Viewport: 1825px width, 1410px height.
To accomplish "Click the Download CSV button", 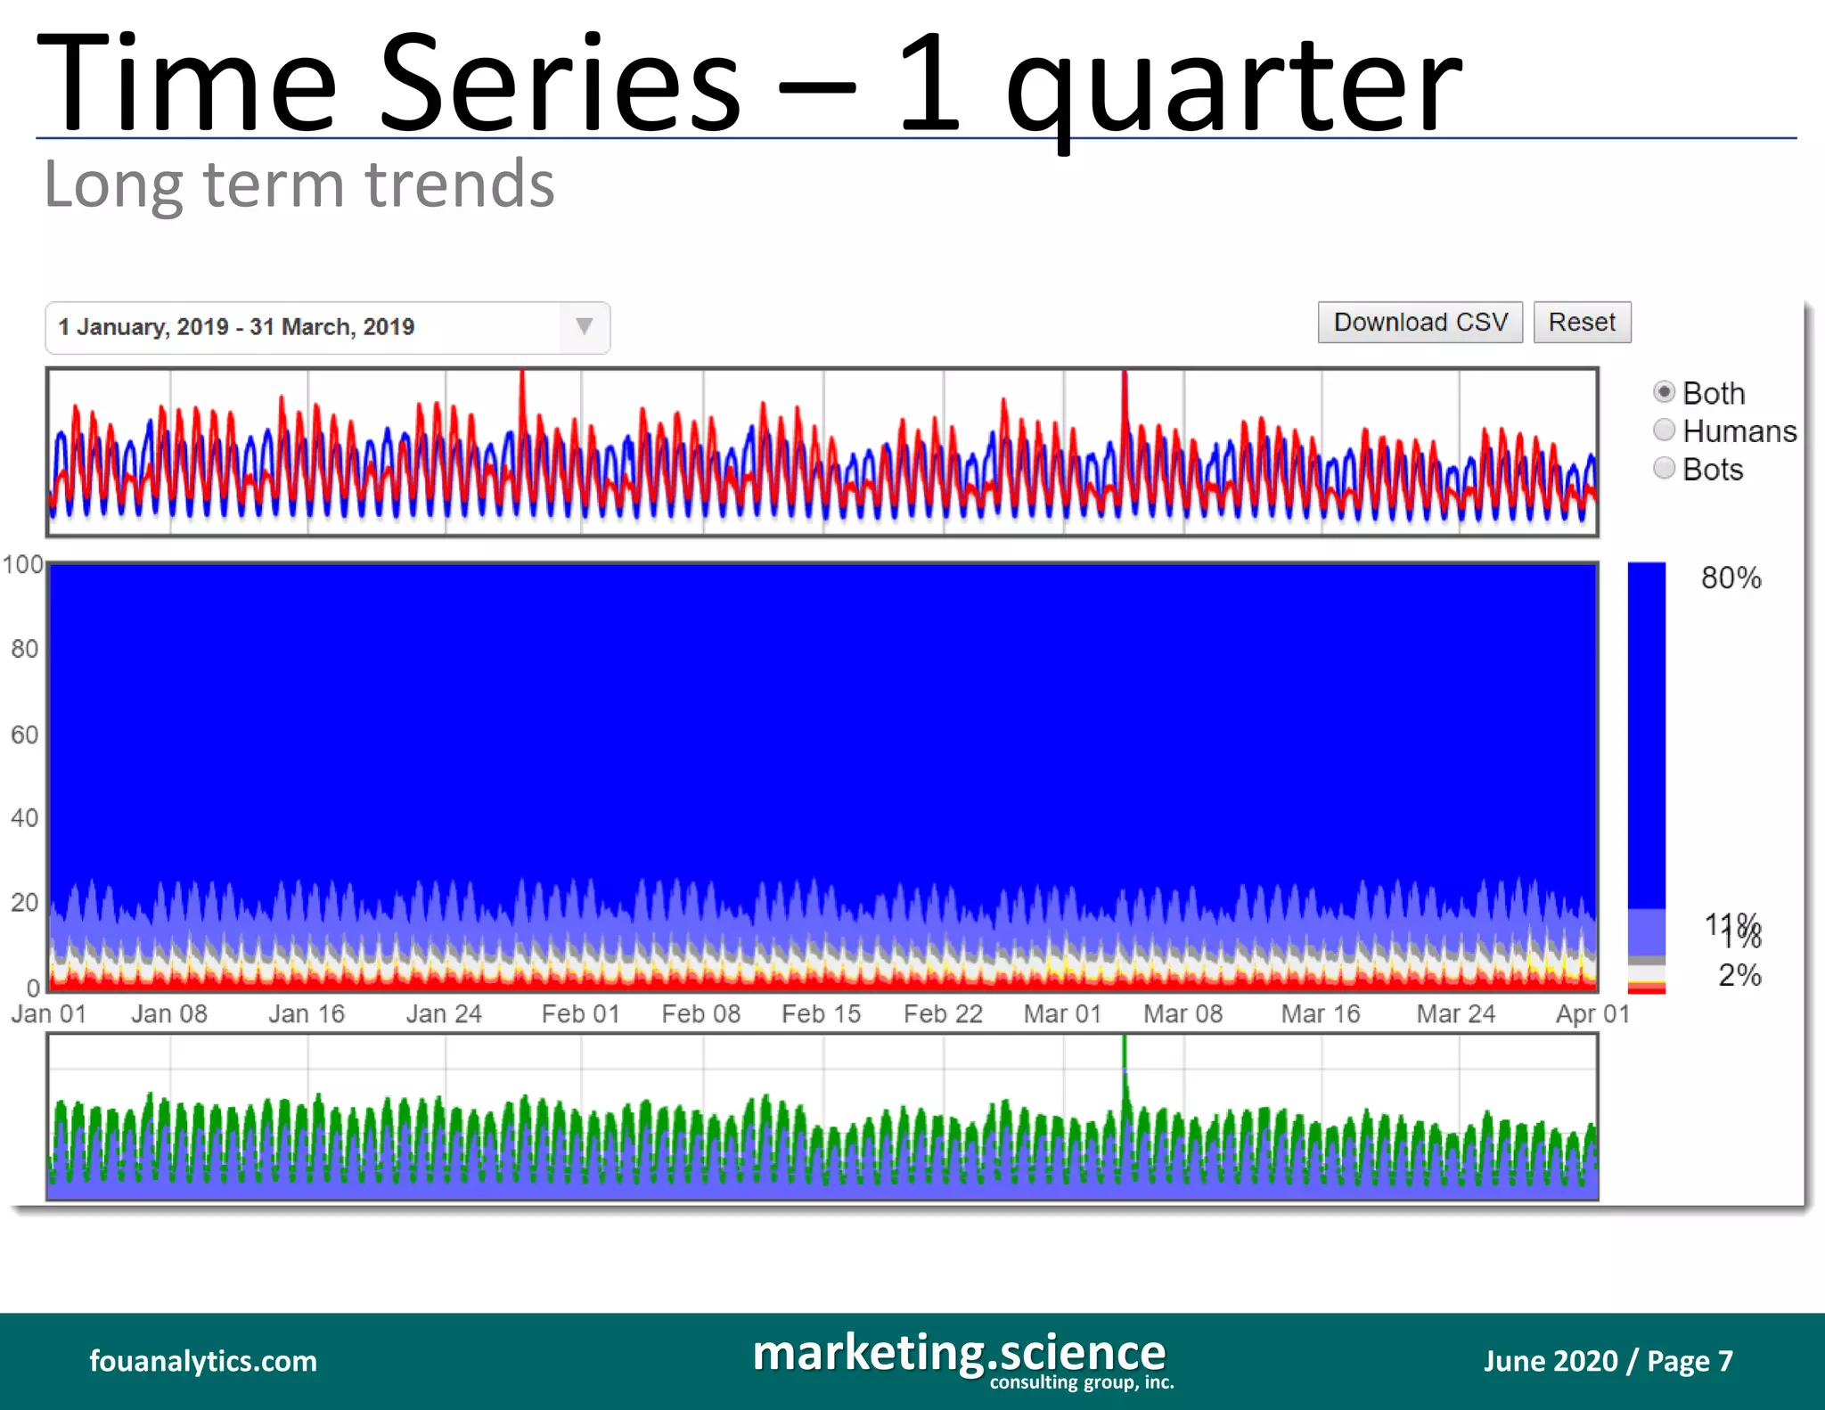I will [x=1420, y=323].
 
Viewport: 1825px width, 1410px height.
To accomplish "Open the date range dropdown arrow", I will [x=584, y=327].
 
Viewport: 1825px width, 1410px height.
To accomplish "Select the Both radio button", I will [x=1664, y=392].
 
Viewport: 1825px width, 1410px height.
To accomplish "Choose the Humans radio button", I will [x=1664, y=430].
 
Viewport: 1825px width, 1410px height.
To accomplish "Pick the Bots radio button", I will [x=1664, y=469].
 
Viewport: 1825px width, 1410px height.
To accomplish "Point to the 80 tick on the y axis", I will [x=24, y=649].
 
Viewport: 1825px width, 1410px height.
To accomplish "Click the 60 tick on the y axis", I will [x=24, y=734].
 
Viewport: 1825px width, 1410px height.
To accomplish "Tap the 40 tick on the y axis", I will [x=24, y=818].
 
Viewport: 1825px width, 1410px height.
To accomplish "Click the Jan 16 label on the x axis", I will [x=307, y=1014].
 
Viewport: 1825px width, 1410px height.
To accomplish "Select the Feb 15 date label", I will [x=821, y=1014].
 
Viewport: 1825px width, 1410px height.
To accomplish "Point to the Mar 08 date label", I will [x=1183, y=1014].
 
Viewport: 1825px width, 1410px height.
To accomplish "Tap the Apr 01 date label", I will [x=1592, y=1014].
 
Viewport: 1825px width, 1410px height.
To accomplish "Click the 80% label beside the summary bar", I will [x=1731, y=578].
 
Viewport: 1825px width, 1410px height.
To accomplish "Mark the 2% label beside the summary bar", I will [x=1739, y=975].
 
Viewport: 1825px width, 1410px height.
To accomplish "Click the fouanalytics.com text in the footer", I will [x=203, y=1361].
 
